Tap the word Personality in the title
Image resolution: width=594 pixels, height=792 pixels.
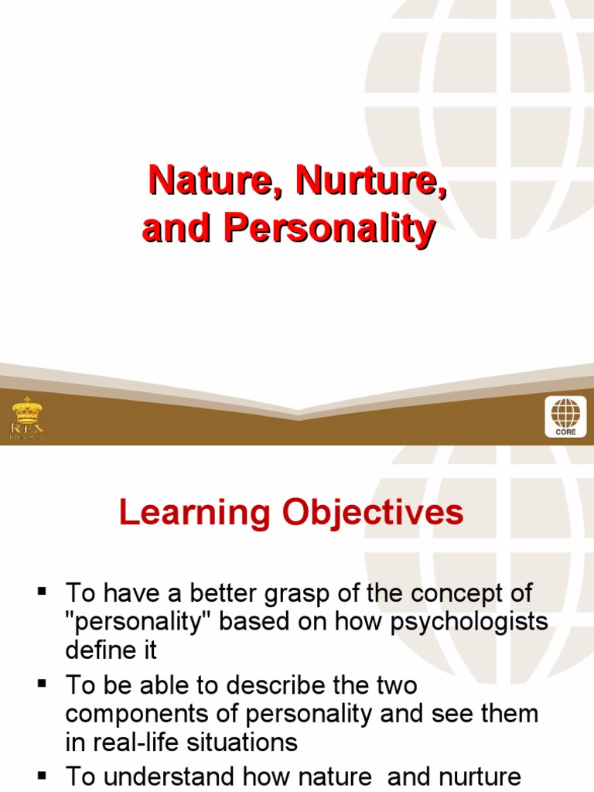tap(329, 230)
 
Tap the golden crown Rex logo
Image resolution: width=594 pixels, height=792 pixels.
tap(27, 418)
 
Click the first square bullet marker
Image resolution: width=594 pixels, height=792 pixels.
tap(43, 592)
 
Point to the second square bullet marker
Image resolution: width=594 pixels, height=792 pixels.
tap(43, 684)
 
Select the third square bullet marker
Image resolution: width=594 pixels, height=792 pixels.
tap(43, 775)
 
